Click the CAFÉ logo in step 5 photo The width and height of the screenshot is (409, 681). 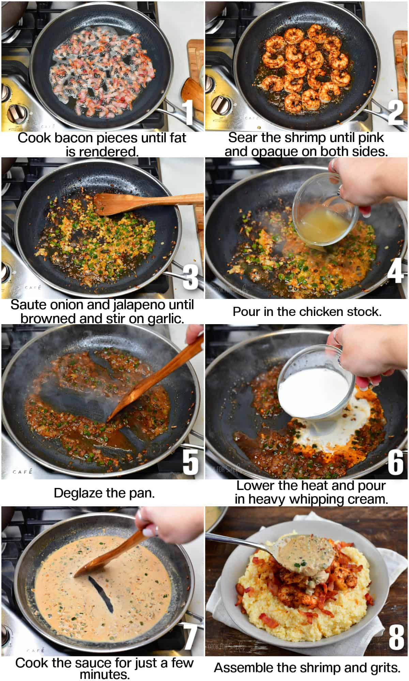[x=23, y=472]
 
